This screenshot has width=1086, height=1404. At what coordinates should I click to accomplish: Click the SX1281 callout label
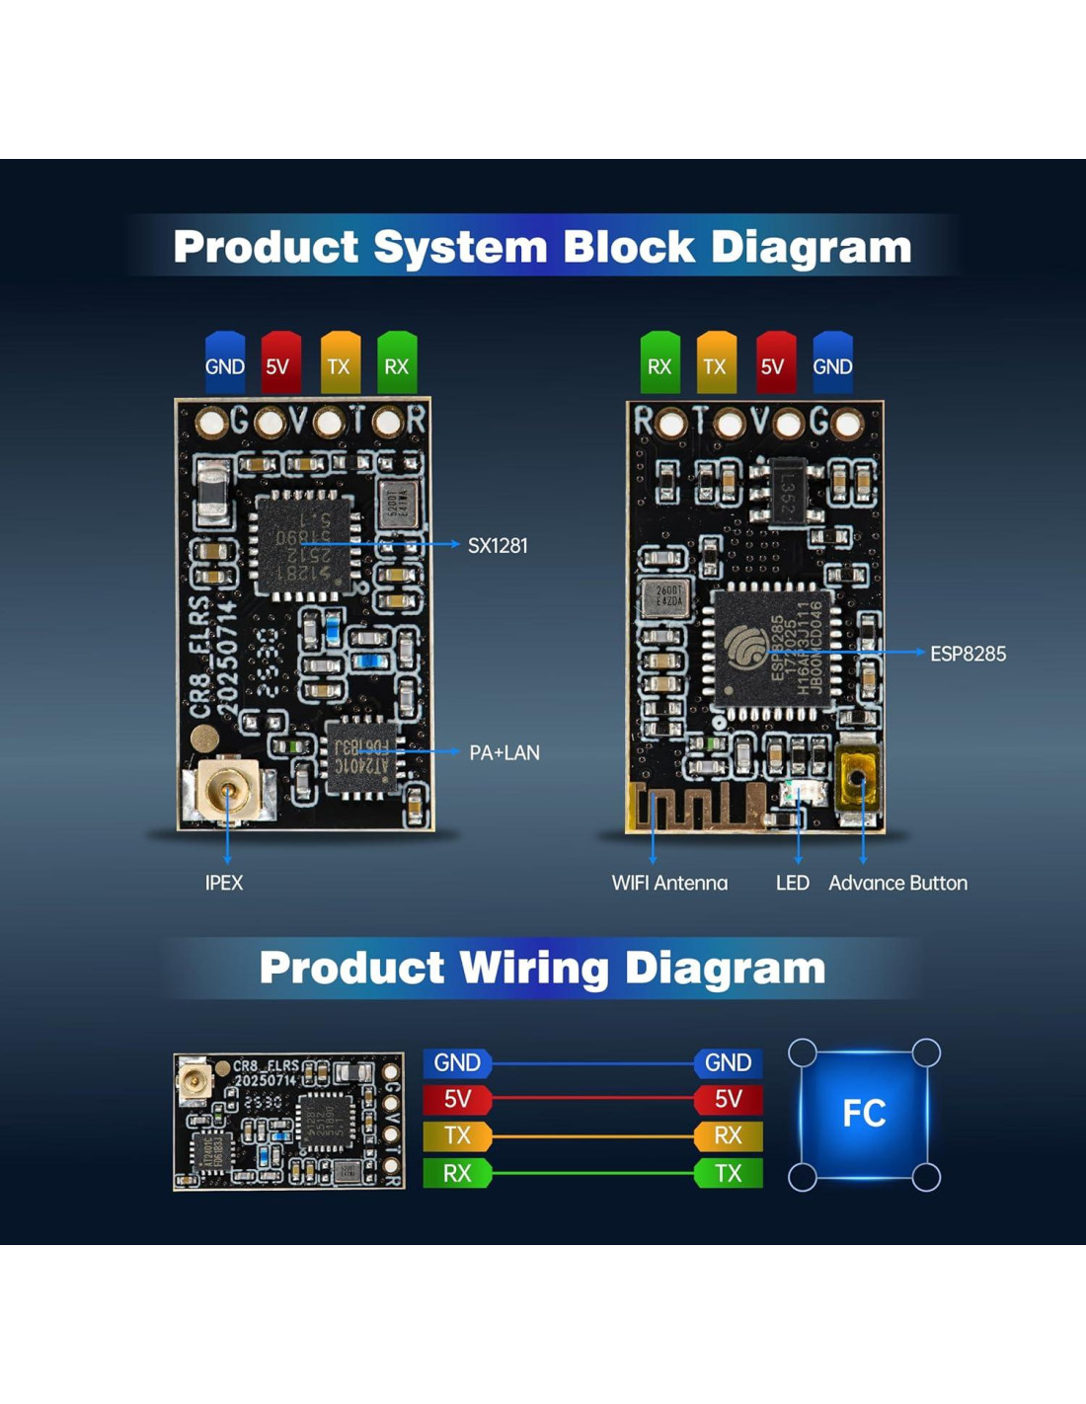click(x=498, y=545)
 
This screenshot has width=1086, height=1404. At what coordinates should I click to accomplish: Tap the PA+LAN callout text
click(x=504, y=752)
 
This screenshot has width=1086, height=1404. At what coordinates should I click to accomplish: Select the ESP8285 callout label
click(x=968, y=654)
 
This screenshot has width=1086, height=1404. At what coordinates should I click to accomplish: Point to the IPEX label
click(x=224, y=883)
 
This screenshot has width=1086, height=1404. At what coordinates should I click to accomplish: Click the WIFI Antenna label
click(x=669, y=883)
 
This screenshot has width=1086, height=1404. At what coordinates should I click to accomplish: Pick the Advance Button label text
click(x=897, y=883)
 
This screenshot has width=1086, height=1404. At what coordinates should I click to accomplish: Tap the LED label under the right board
click(x=792, y=883)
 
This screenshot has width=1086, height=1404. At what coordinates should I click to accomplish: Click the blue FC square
click(x=864, y=1113)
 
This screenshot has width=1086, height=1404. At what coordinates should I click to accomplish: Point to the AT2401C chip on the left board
click(x=361, y=758)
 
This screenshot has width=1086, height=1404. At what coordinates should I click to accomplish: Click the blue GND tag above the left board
click(x=225, y=364)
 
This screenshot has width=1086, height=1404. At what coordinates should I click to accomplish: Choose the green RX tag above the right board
click(x=659, y=364)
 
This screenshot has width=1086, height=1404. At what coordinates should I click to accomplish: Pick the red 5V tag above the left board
click(x=279, y=364)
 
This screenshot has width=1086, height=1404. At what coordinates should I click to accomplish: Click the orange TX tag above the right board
click(x=716, y=364)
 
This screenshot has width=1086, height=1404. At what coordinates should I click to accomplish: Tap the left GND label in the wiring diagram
click(x=457, y=1062)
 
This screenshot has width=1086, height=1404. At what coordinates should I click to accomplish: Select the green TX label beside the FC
click(x=728, y=1173)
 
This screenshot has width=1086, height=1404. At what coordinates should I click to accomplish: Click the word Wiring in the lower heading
click(x=533, y=969)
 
